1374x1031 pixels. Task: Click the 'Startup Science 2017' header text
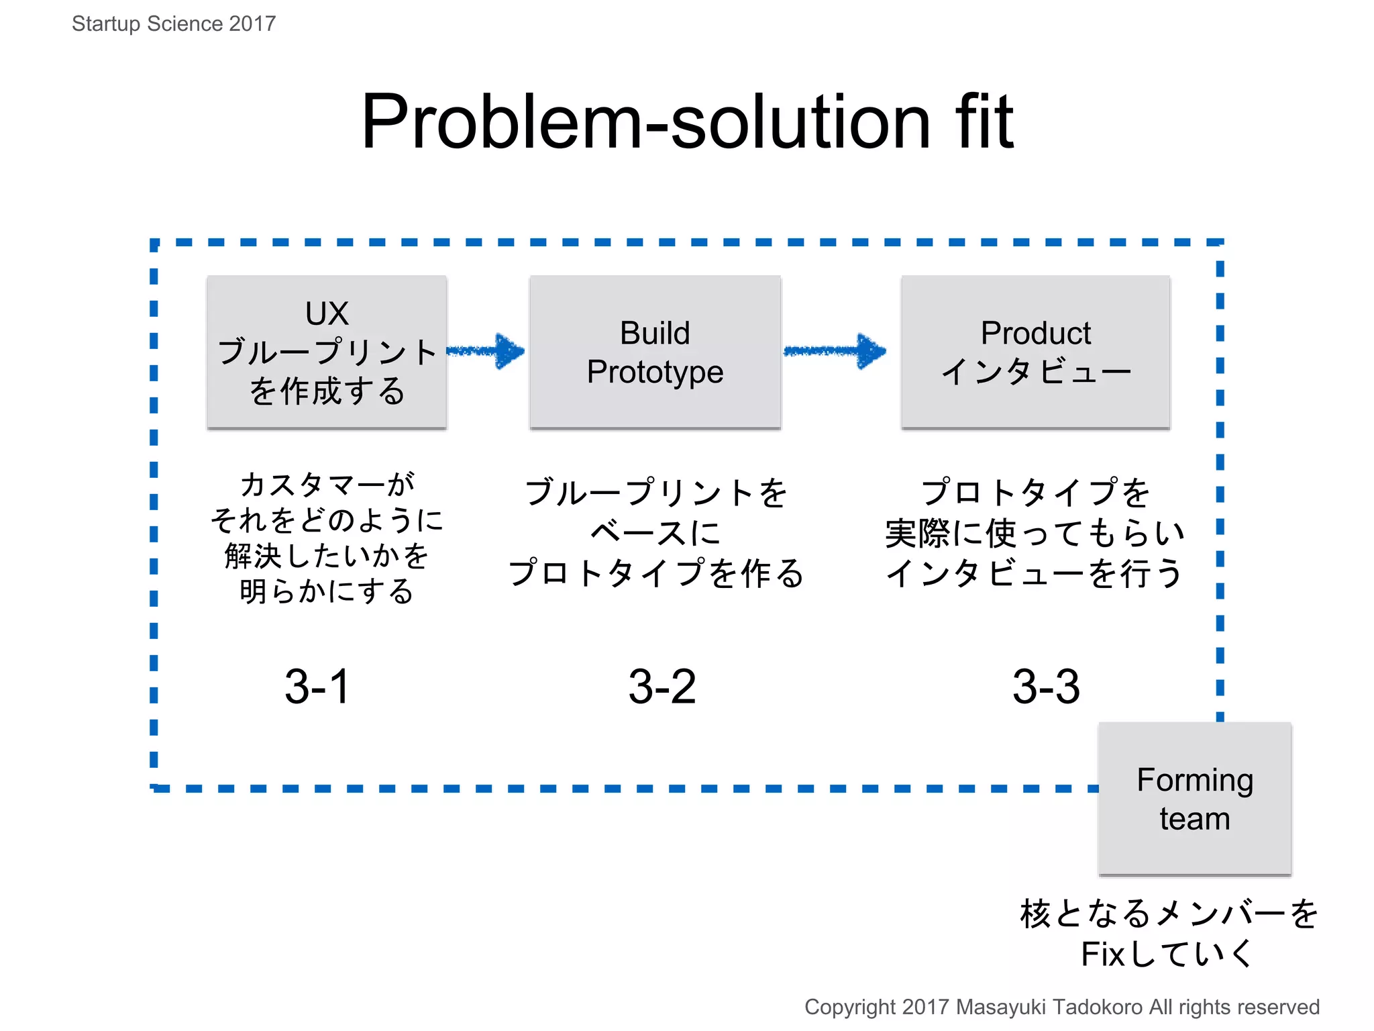pyautogui.click(x=174, y=24)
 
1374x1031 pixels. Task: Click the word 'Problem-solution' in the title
pyautogui.click(x=644, y=122)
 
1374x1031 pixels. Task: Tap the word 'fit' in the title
pyautogui.click(x=984, y=122)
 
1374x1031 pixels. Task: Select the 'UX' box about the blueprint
pyautogui.click(x=327, y=352)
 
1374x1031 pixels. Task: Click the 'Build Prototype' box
pyautogui.click(x=655, y=352)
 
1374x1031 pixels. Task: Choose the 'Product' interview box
pyautogui.click(x=1035, y=352)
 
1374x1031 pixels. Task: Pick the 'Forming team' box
pyautogui.click(x=1194, y=799)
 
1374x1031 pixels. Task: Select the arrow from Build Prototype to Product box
pyautogui.click(x=836, y=351)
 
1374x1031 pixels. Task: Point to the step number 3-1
pyautogui.click(x=317, y=687)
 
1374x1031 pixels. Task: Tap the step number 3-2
pyautogui.click(x=662, y=687)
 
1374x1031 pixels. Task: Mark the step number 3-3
pyautogui.click(x=1046, y=687)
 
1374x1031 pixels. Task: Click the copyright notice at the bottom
pyautogui.click(x=1061, y=1007)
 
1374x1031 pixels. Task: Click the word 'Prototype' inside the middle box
pyautogui.click(x=655, y=372)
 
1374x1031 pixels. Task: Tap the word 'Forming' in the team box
pyautogui.click(x=1195, y=780)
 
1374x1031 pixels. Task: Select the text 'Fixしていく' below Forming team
pyautogui.click(x=1167, y=954)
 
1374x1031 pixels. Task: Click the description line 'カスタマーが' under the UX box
pyautogui.click(x=327, y=484)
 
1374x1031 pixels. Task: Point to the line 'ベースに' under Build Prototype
pyautogui.click(x=655, y=533)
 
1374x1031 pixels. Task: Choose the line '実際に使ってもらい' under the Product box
pyautogui.click(x=1035, y=533)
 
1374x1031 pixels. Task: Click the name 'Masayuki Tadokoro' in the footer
pyautogui.click(x=1049, y=1007)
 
